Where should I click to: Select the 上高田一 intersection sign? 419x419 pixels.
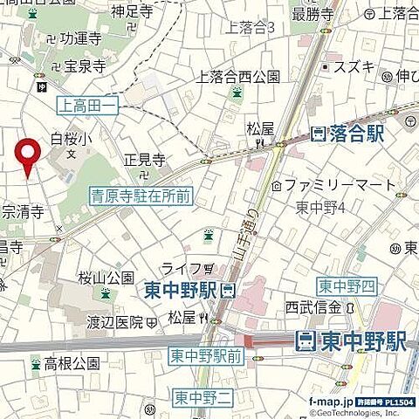point(86,106)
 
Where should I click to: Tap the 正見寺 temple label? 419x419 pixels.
point(145,160)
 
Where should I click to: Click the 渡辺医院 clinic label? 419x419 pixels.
point(114,321)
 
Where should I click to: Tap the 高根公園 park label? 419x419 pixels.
point(72,362)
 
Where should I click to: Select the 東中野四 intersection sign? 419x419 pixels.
point(346,286)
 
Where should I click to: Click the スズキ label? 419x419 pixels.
point(357,67)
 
